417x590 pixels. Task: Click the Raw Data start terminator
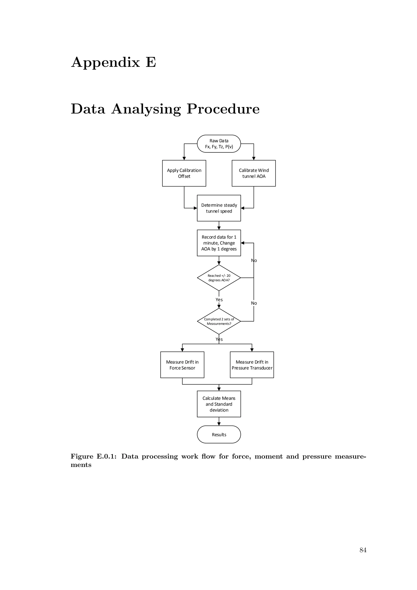[x=219, y=144]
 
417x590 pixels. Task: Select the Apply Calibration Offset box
[x=184, y=173]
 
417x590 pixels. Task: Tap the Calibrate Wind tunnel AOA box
[x=253, y=173]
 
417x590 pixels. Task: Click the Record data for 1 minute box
[x=219, y=243]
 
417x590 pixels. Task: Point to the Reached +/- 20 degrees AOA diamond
[x=219, y=278]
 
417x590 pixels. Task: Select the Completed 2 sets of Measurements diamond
[x=219, y=321]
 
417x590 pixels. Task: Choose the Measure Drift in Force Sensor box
[x=182, y=365]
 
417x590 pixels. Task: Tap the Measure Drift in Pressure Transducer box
[x=252, y=365]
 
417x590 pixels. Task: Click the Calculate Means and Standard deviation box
[x=219, y=404]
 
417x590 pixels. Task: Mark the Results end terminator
[x=219, y=435]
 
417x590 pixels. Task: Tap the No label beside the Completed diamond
[x=254, y=303]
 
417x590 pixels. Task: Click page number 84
[x=363, y=550]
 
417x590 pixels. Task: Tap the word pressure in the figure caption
[x=317, y=456]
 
